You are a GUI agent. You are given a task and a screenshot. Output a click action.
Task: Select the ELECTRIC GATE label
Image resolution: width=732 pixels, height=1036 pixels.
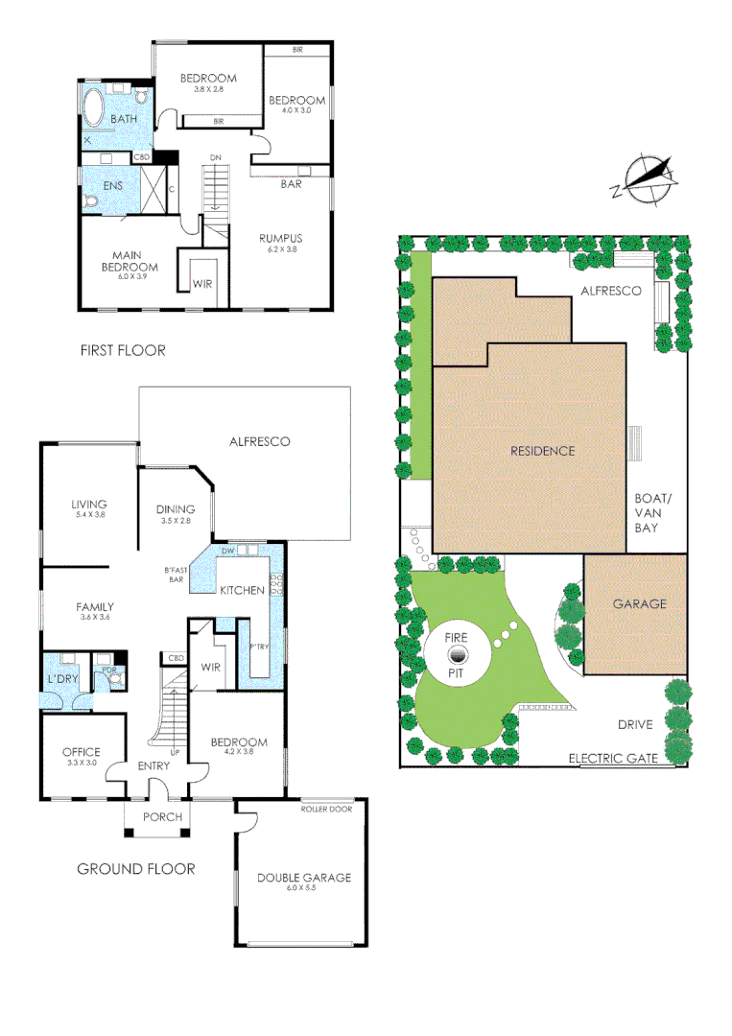(x=613, y=758)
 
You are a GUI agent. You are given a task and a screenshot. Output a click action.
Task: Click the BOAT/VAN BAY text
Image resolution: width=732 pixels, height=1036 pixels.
(x=654, y=512)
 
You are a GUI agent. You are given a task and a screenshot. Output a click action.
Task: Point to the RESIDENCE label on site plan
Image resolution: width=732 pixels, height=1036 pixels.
(x=542, y=451)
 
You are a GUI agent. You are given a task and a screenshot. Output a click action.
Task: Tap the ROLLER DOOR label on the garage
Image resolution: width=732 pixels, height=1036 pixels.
(x=326, y=809)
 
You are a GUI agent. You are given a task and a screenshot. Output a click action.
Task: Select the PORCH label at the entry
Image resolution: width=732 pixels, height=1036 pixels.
(x=162, y=817)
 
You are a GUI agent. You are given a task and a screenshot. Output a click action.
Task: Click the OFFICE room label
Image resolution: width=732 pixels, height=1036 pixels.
(x=81, y=751)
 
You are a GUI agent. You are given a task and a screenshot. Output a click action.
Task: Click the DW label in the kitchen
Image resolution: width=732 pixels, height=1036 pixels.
(x=228, y=552)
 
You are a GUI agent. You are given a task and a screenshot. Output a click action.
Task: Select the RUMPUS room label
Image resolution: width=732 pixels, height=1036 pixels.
(x=281, y=238)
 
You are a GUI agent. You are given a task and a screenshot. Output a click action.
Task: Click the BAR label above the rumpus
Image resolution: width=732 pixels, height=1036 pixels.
(x=291, y=183)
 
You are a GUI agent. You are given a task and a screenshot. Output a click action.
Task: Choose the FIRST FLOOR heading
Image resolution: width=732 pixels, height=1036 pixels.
(x=123, y=351)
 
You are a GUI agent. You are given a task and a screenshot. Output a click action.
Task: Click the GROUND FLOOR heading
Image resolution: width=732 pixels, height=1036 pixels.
(x=135, y=869)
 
